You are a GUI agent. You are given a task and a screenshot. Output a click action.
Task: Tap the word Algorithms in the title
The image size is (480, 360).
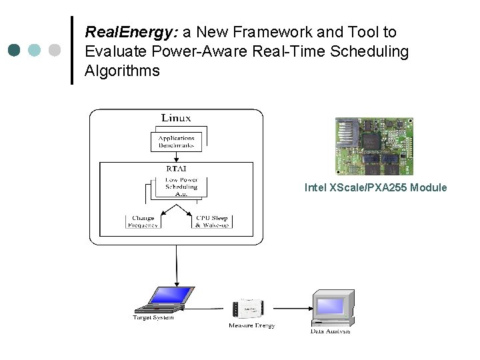(x=123, y=71)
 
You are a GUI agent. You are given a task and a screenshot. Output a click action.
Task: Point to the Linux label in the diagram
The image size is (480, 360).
(x=176, y=118)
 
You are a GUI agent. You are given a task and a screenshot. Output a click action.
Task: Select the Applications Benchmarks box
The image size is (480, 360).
(x=176, y=141)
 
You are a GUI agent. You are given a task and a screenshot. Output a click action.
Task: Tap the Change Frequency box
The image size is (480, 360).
(x=143, y=221)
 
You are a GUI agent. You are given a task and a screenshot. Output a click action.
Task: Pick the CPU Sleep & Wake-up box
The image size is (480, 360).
(x=211, y=221)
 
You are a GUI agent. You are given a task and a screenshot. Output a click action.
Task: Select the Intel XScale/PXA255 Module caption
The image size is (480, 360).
(x=375, y=188)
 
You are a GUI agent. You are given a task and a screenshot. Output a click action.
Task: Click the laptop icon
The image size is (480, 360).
(x=164, y=300)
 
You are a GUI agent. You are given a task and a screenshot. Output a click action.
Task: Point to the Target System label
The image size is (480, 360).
(x=153, y=317)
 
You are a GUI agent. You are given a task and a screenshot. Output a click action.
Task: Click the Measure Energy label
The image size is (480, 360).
(x=251, y=325)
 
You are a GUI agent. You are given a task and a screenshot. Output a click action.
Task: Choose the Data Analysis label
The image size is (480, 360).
(x=330, y=331)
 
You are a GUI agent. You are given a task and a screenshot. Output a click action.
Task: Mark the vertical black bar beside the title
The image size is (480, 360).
(x=72, y=51)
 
